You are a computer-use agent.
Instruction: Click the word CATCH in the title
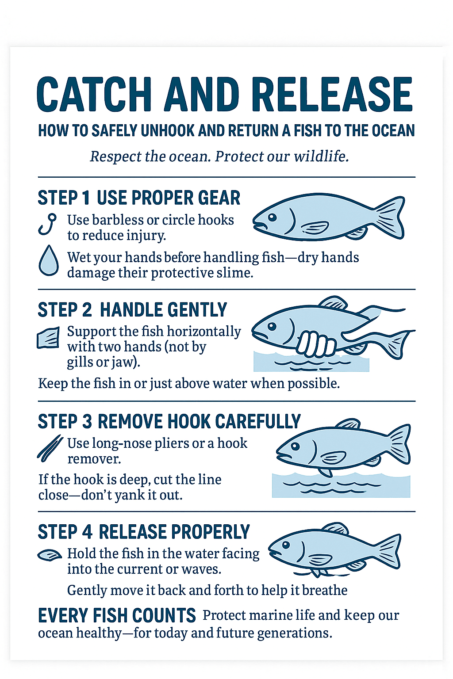[94, 95]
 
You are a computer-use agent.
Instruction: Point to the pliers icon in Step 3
[50, 448]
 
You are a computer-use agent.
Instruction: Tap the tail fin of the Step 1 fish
[390, 217]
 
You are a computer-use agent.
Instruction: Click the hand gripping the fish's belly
[315, 344]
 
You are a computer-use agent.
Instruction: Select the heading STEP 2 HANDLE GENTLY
[132, 309]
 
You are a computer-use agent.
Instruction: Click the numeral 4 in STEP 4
[87, 532]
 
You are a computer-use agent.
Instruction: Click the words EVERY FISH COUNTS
[117, 615]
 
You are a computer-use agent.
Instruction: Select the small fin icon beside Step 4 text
[49, 555]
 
